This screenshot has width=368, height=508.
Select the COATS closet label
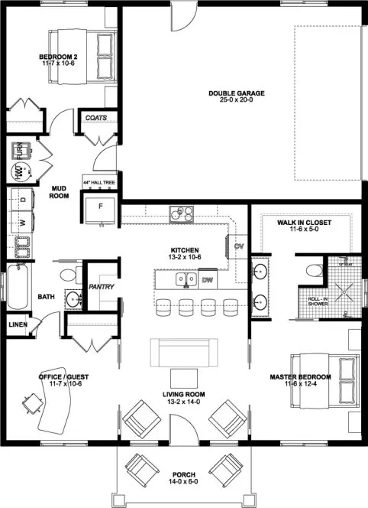96,119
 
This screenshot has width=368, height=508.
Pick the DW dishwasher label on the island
207,280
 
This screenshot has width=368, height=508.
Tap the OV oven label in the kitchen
238,246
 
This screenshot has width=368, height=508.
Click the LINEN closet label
18,324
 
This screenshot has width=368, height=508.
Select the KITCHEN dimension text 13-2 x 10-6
185,258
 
